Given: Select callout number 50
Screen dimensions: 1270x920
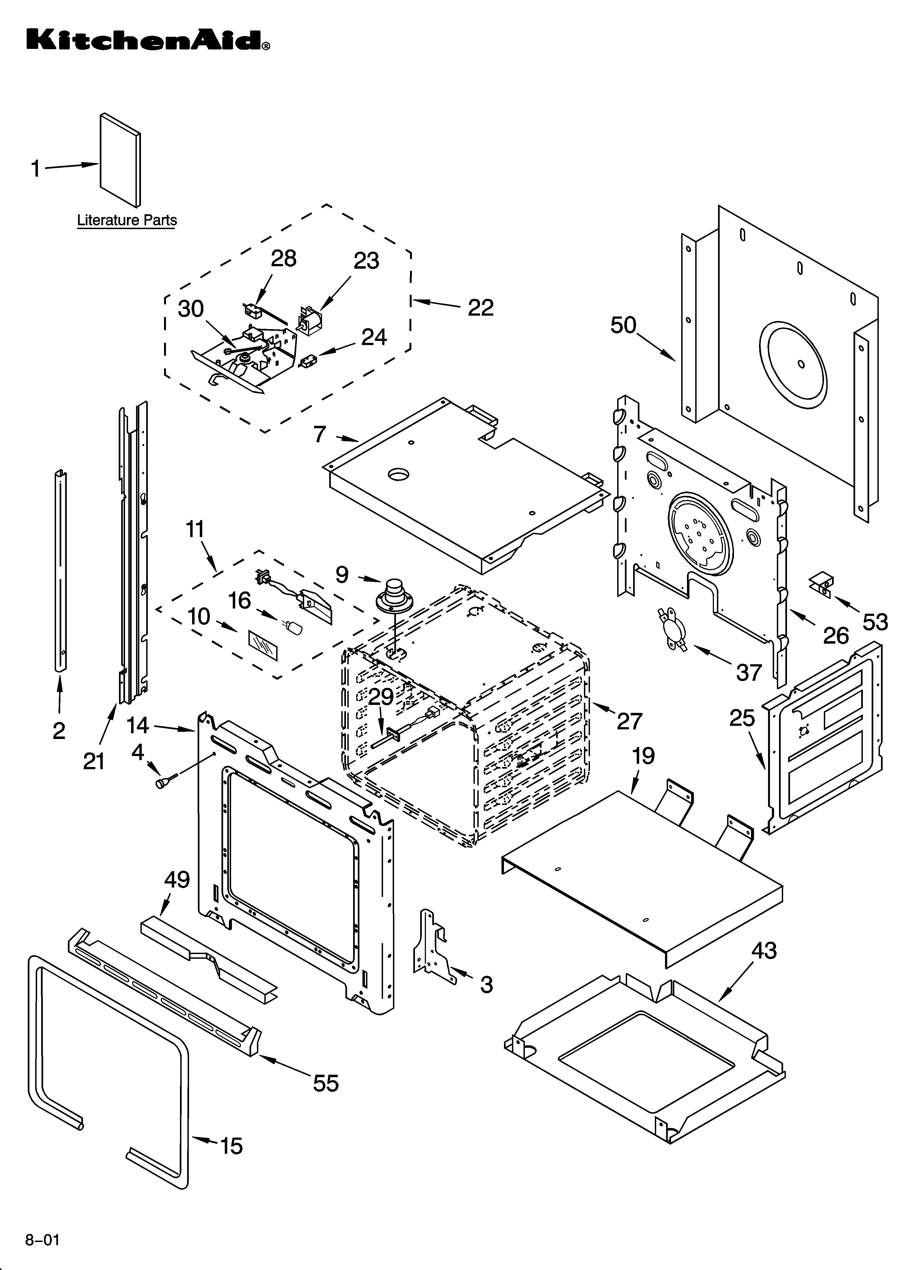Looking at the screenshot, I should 624,325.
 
